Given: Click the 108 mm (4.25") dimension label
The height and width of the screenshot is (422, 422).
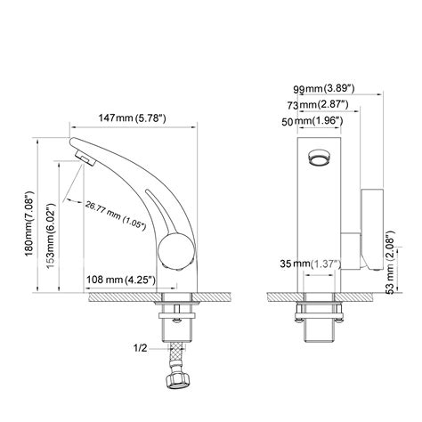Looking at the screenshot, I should (x=121, y=279).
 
